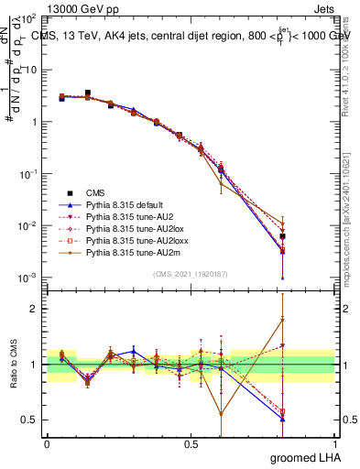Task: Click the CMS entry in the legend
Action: [x=95, y=192]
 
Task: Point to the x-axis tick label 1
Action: [x=334, y=442]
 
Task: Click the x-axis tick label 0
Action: [x=47, y=442]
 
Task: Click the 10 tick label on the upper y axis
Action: [x=29, y=70]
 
